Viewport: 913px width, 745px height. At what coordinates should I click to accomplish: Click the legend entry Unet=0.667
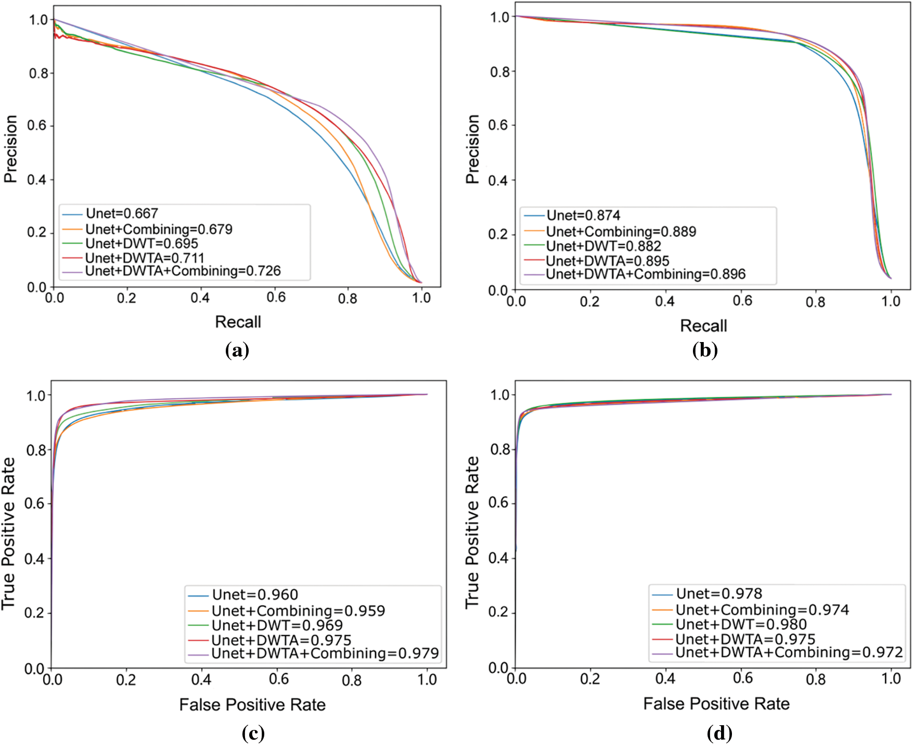pos(122,213)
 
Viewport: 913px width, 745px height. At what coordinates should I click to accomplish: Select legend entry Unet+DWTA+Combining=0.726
pos(183,271)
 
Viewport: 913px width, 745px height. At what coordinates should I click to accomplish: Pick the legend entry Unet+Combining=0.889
pos(621,232)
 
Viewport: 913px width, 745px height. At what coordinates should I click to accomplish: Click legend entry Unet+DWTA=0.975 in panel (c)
pos(281,640)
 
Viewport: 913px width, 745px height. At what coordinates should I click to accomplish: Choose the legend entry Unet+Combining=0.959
pos(298,611)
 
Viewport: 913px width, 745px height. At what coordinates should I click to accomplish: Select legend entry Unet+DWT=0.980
pos(741,624)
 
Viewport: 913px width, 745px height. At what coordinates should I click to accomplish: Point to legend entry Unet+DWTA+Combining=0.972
pos(789,652)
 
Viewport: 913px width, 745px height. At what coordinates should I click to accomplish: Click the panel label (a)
pos(237,350)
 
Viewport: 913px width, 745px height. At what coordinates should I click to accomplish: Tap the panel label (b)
pos(705,350)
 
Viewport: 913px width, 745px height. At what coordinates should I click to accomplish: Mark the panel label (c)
pos(253,734)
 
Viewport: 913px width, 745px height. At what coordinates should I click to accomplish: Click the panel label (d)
pos(719,734)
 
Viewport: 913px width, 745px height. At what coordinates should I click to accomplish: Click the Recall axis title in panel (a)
pos(238,322)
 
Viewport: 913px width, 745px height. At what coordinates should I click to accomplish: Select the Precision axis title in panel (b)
pos(472,149)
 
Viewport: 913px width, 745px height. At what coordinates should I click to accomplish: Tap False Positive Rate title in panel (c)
pos(252,705)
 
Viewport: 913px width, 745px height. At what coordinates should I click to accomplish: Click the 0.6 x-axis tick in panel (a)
pos(276,298)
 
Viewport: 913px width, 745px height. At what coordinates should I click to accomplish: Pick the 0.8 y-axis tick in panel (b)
pos(499,72)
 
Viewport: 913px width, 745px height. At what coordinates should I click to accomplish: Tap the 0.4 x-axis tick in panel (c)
pos(201,679)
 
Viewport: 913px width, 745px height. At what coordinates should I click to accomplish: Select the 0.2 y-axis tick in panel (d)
pos(498,612)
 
